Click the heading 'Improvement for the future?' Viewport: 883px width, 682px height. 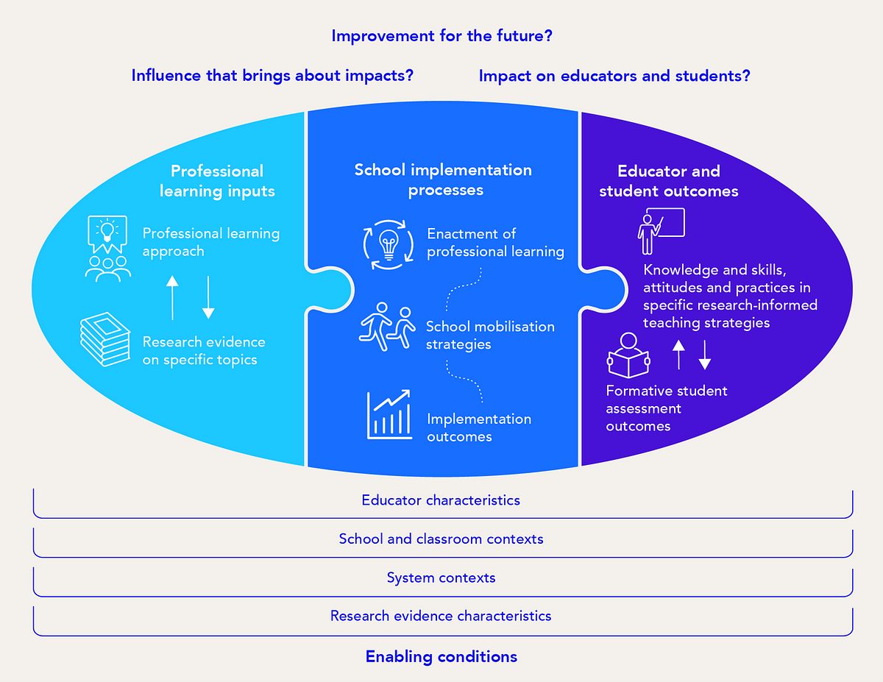(441, 35)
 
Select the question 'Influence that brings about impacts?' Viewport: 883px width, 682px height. (272, 75)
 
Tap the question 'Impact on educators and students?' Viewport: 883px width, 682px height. (614, 75)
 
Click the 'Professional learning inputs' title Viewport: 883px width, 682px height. (217, 181)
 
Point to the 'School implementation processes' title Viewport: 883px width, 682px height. (443, 180)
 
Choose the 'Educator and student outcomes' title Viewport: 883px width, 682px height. (668, 181)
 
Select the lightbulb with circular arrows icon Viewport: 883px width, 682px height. (389, 246)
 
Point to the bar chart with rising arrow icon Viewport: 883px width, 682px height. (390, 416)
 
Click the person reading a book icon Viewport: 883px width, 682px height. (628, 356)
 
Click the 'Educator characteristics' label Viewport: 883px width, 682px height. (441, 500)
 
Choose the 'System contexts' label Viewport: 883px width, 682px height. (441, 578)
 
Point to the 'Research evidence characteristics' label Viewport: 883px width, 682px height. (441, 616)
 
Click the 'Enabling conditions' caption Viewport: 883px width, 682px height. (441, 656)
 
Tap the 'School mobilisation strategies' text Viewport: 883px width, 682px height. (490, 335)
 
